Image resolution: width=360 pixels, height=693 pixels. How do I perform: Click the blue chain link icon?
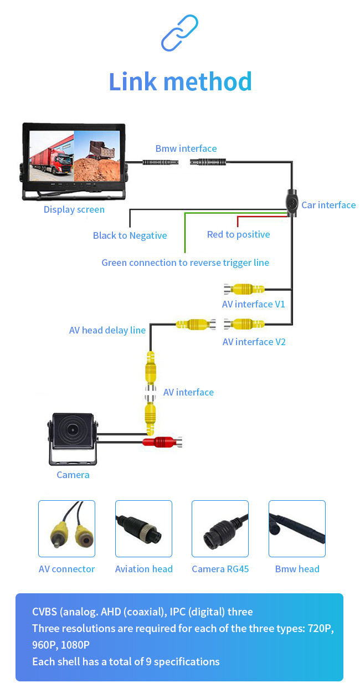[x=179, y=34]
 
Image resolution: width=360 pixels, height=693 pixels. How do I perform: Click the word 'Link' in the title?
[x=132, y=81]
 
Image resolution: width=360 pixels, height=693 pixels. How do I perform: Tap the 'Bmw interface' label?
[x=186, y=148]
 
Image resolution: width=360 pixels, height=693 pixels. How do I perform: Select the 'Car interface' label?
[x=328, y=205]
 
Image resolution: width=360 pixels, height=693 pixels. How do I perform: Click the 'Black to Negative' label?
[x=130, y=235]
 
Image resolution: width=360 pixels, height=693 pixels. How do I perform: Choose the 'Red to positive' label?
[x=238, y=234]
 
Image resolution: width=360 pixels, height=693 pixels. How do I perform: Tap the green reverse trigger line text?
[x=185, y=263]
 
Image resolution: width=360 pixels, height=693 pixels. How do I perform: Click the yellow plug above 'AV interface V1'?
[x=244, y=289]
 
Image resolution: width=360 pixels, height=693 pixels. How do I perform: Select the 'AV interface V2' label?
[x=254, y=342]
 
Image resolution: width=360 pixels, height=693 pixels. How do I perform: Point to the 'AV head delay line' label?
[x=107, y=330]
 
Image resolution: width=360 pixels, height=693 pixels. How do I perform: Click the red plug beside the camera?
[x=162, y=442]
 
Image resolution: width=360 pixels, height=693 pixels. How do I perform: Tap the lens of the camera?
[x=73, y=429]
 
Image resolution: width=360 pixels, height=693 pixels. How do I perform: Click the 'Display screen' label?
[x=74, y=209]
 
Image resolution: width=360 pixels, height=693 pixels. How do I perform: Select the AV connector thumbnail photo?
[x=66, y=528]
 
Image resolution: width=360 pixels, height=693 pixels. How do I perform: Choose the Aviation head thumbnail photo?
[x=143, y=528]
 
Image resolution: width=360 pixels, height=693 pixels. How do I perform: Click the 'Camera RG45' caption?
[x=220, y=569]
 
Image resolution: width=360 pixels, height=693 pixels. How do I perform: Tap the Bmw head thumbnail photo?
[x=297, y=528]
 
